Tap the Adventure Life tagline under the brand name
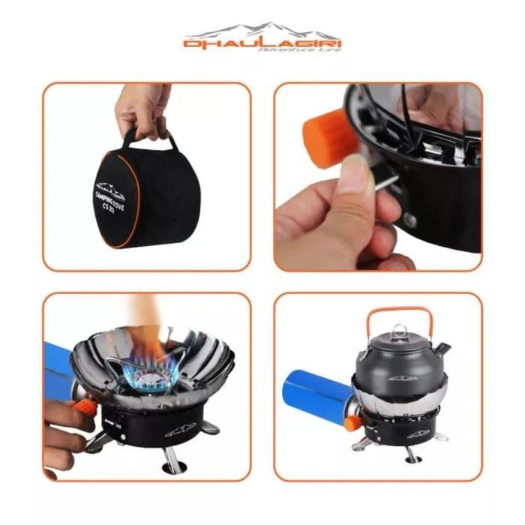click(x=299, y=50)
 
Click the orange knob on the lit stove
click(x=85, y=408)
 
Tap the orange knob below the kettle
click(x=352, y=422)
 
